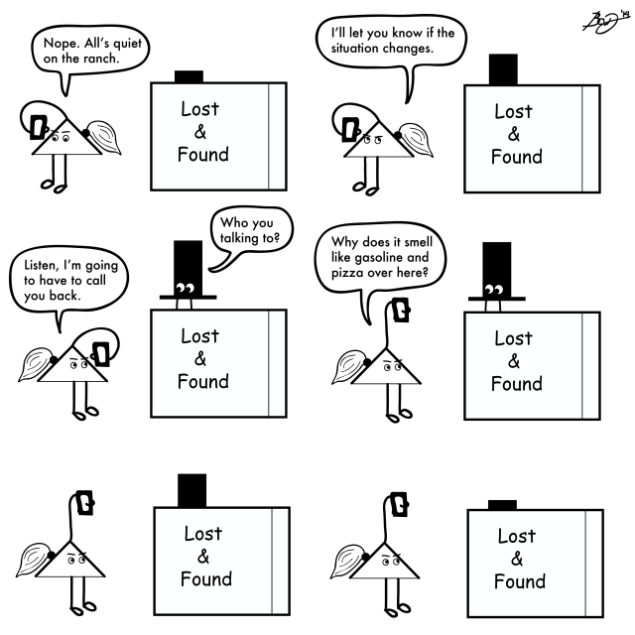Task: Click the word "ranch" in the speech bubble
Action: [x=92, y=58]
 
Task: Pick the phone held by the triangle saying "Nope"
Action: [x=39, y=127]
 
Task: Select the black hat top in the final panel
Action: [x=502, y=504]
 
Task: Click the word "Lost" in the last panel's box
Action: [x=516, y=537]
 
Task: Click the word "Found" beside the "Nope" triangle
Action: [x=202, y=154]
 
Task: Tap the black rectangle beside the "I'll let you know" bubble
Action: [x=504, y=67]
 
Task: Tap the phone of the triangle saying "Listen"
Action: [x=101, y=353]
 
